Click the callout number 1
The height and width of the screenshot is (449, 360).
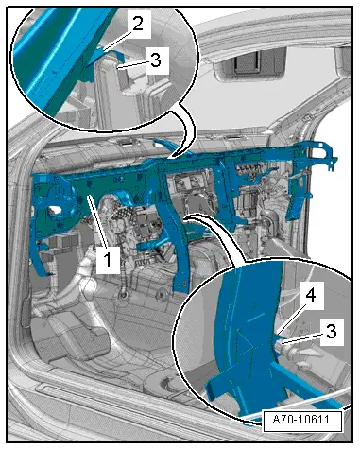click(x=108, y=260)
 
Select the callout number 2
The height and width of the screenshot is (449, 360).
click(x=137, y=25)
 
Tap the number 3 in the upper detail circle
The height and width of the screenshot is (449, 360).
click(x=156, y=60)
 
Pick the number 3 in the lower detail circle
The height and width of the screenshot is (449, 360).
click(x=331, y=332)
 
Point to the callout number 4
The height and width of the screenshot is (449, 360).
click(x=311, y=296)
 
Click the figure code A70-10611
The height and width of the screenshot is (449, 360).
click(x=300, y=420)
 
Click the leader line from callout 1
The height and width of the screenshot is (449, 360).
click(x=96, y=220)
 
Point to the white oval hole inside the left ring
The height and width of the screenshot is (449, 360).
click(x=54, y=211)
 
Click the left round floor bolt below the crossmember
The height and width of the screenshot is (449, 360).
click(x=124, y=295)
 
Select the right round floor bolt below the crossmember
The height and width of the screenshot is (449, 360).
click(x=162, y=295)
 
